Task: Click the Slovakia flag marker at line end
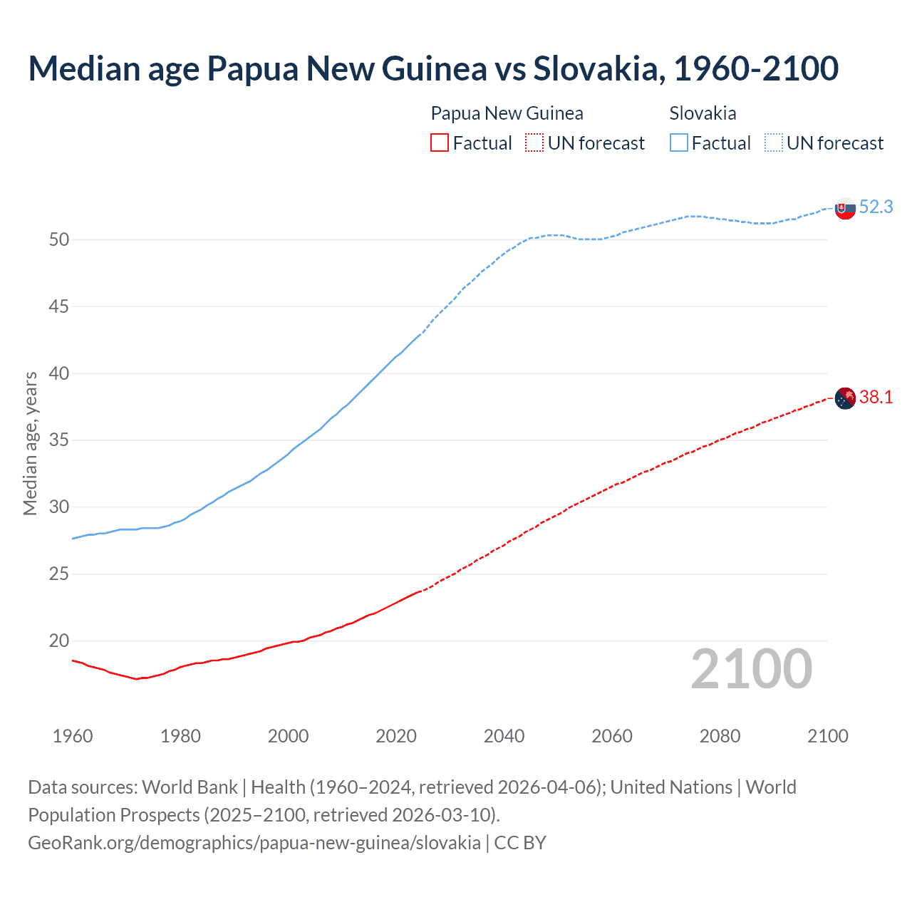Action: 845,209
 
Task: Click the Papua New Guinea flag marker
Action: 845,398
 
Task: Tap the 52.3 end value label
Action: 876,207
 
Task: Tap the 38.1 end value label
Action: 876,397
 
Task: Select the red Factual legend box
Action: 440,143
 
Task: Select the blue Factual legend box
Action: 679,143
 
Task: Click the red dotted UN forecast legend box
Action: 534,143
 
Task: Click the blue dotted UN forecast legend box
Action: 774,143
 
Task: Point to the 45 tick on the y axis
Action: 59,306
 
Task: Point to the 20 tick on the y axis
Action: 59,641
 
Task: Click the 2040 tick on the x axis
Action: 504,736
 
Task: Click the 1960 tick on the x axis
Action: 73,736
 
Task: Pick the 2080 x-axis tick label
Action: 720,736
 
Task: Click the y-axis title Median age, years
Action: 30,443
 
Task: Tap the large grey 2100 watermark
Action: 751,668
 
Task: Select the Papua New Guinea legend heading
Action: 507,113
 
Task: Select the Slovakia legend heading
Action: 703,113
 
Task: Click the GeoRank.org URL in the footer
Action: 254,842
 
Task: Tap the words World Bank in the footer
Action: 190,787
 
